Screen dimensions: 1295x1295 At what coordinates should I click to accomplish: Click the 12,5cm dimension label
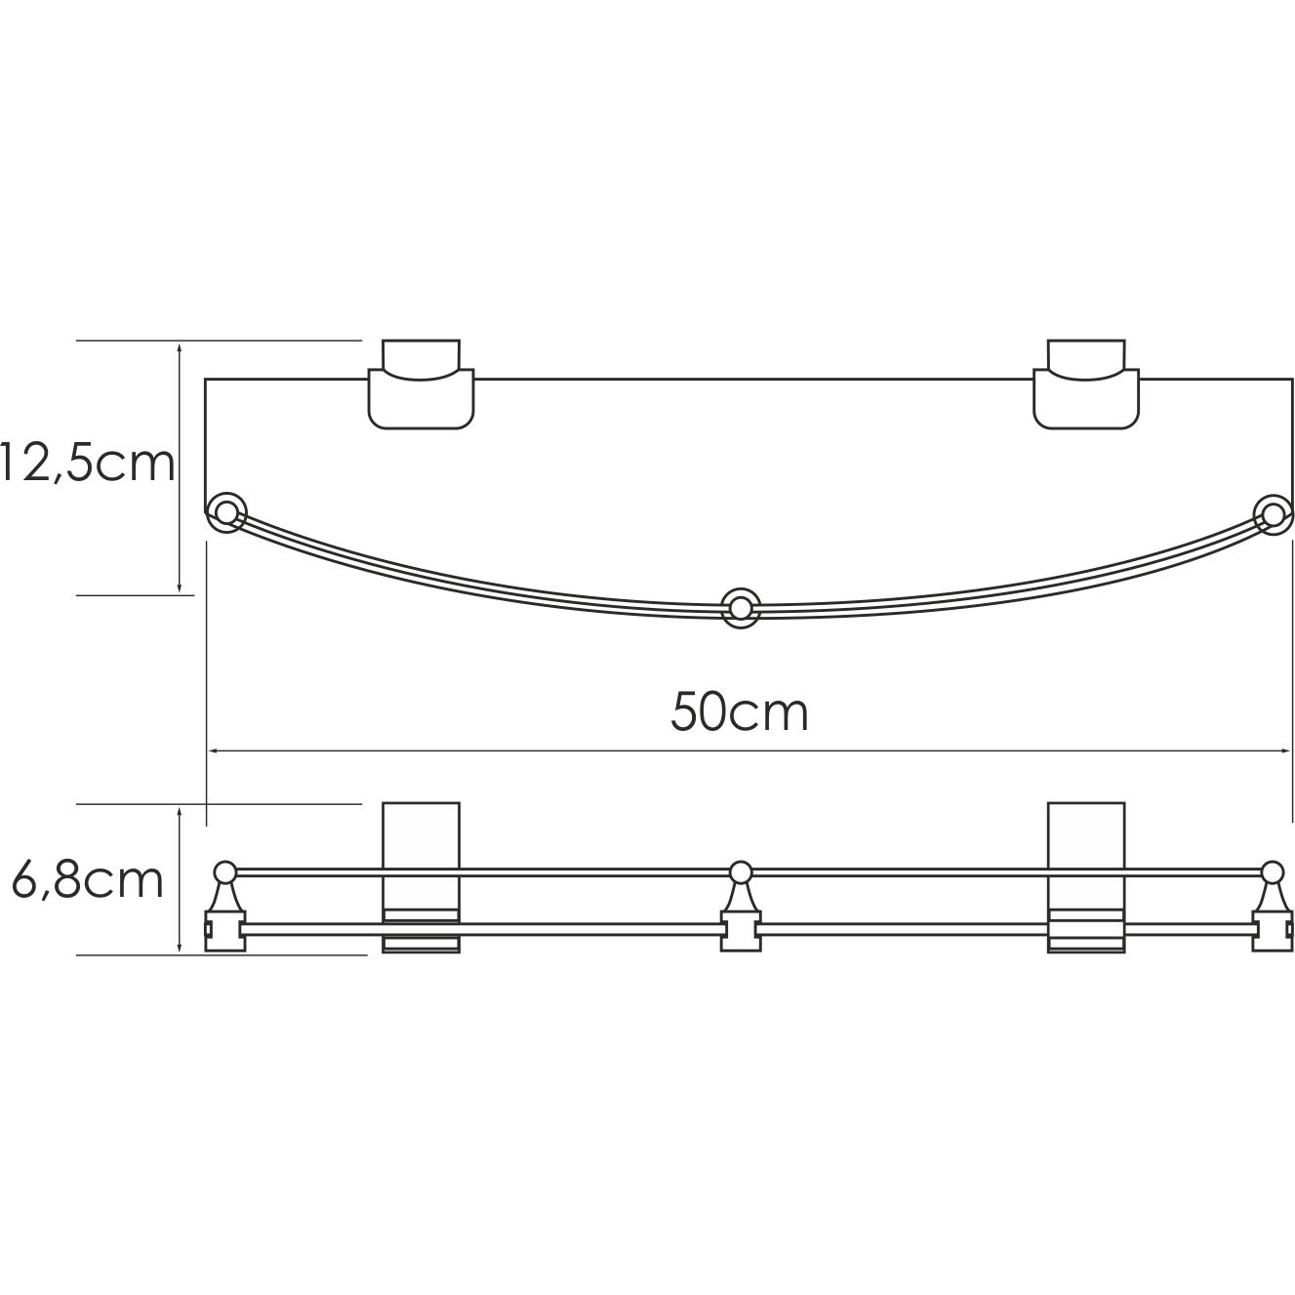[x=88, y=465]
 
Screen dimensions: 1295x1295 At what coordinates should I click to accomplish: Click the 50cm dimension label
[x=739, y=712]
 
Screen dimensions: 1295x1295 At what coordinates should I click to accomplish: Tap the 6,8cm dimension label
[x=88, y=880]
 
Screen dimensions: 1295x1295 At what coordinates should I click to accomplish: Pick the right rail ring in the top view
[x=1272, y=511]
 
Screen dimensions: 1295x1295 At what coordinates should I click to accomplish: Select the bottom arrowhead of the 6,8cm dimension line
[x=180, y=948]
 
